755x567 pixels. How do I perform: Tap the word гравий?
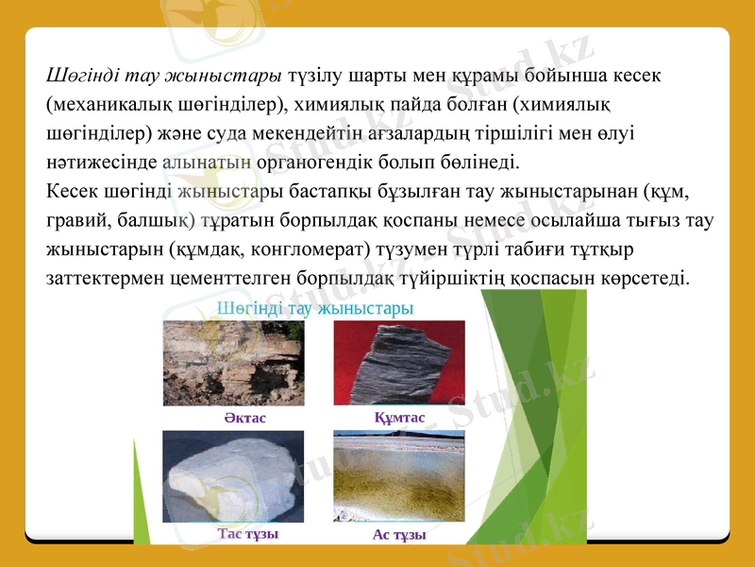click(78, 221)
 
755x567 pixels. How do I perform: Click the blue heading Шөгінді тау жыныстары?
click(315, 308)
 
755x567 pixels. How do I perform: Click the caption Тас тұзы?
click(247, 533)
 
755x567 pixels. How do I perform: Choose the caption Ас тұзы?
click(398, 535)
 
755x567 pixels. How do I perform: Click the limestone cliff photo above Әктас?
click(233, 363)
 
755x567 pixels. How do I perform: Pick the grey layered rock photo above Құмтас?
click(399, 363)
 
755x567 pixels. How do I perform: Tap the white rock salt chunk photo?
click(233, 476)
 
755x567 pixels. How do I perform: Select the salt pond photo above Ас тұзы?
click(399, 476)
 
